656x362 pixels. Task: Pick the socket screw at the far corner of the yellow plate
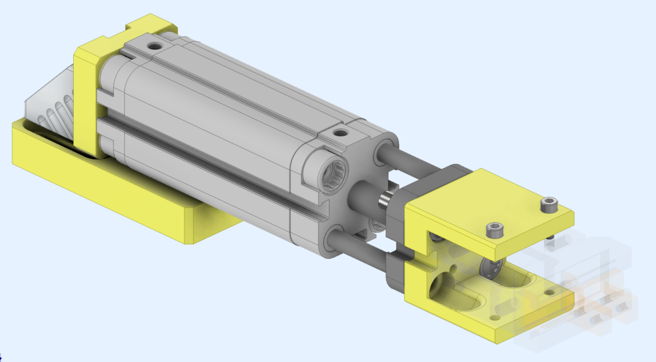tap(549, 204)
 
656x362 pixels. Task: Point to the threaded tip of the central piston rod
tap(385, 201)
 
